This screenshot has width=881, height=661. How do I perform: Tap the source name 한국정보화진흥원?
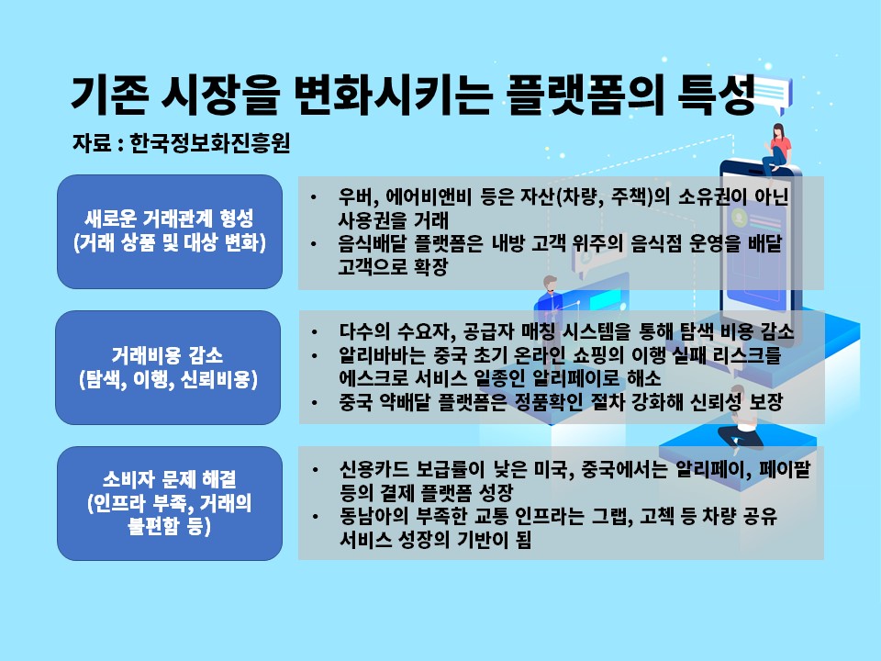pyautogui.click(x=209, y=143)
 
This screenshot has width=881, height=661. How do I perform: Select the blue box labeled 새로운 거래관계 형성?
pyautogui.click(x=170, y=231)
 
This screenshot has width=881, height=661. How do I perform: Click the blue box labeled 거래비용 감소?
pyautogui.click(x=168, y=367)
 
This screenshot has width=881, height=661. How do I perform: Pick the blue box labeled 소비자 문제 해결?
pyautogui.click(x=170, y=504)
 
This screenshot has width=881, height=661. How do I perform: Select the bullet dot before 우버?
pyautogui.click(x=314, y=197)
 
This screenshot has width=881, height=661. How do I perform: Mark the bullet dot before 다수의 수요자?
pyautogui.click(x=315, y=332)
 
